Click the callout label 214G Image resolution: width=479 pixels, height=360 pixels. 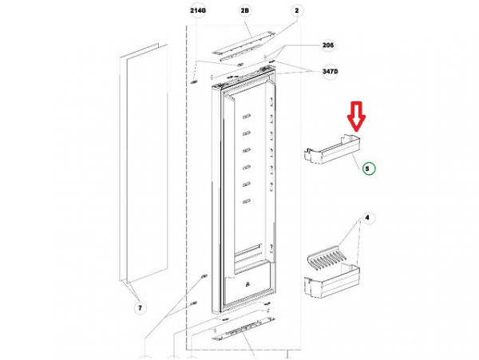198,10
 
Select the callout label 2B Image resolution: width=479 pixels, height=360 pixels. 245,10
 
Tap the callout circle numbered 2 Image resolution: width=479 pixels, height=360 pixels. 297,10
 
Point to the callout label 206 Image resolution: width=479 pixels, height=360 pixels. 328,45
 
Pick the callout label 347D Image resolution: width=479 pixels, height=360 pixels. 331,72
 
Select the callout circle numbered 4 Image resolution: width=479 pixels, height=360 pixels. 367,218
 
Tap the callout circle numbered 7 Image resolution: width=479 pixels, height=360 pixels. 140,308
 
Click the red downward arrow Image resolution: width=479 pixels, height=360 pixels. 356,117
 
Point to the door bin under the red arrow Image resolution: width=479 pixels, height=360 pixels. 332,149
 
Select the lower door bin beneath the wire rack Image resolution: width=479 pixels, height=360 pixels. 332,282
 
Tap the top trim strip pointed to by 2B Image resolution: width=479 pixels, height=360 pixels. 243,43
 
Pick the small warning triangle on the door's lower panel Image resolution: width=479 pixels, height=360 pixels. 247,284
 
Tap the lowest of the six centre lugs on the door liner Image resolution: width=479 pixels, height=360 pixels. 247,201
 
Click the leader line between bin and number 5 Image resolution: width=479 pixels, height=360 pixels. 356,161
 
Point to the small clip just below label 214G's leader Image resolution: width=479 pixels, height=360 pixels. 193,82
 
